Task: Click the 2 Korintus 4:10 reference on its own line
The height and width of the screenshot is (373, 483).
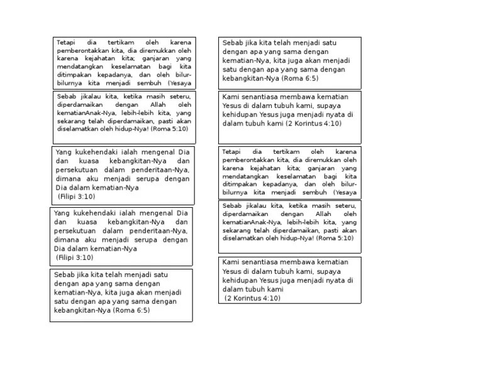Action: click(x=253, y=298)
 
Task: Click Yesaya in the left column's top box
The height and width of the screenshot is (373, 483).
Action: click(x=180, y=82)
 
